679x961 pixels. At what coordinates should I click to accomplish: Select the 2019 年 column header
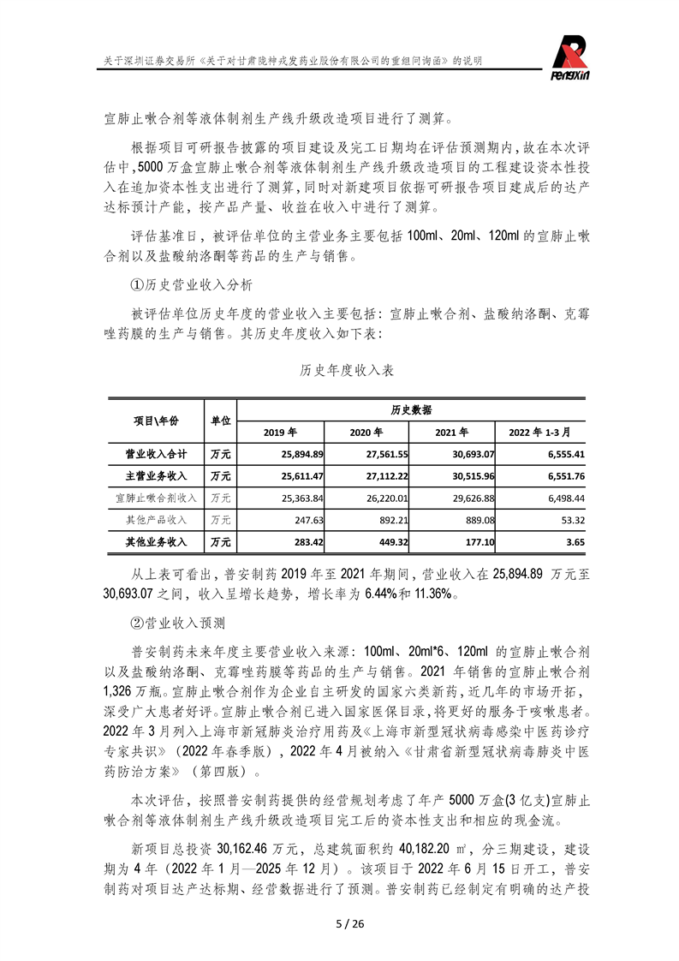(x=280, y=432)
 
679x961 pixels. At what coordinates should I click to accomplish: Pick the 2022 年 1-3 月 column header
(x=539, y=432)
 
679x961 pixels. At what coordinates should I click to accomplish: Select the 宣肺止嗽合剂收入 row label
(x=156, y=498)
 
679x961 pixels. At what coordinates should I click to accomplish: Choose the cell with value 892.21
(x=391, y=520)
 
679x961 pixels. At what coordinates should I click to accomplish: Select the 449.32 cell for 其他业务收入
(x=391, y=542)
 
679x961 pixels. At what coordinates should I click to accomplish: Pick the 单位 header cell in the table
(x=220, y=421)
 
